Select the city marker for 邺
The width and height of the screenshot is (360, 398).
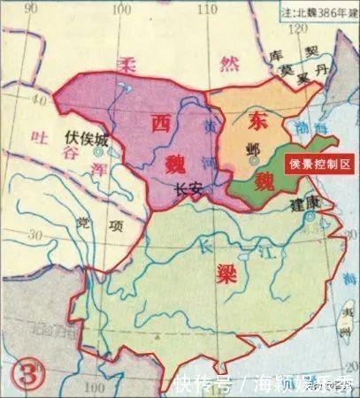pos(254,162)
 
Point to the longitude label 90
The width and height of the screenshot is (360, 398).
pos(34,9)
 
